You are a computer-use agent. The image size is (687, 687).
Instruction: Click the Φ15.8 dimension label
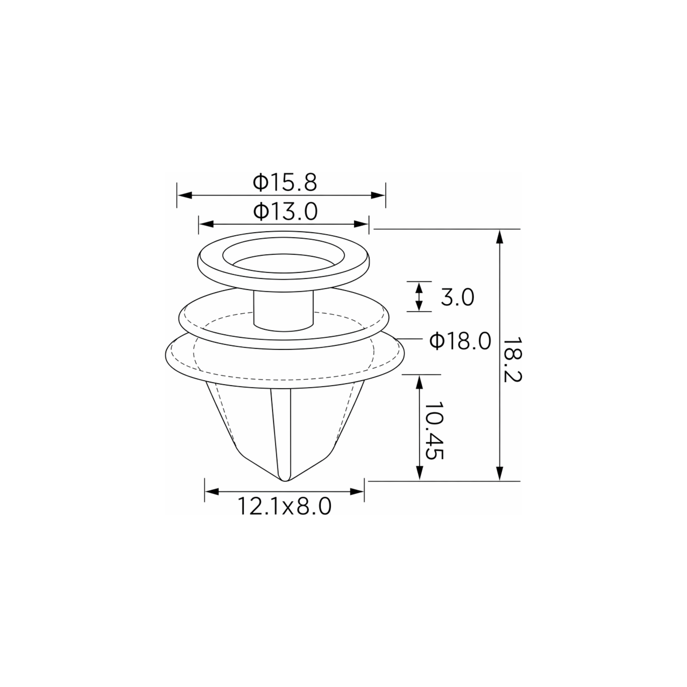pos(284,182)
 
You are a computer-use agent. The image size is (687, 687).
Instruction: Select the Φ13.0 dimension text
pos(285,212)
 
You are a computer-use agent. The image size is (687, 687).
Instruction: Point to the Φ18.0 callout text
pos(460,341)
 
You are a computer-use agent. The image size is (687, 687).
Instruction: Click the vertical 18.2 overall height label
pos(512,360)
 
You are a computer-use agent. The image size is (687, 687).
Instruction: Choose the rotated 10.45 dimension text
pos(434,431)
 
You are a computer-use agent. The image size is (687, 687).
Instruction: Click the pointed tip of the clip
pos(285,481)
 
